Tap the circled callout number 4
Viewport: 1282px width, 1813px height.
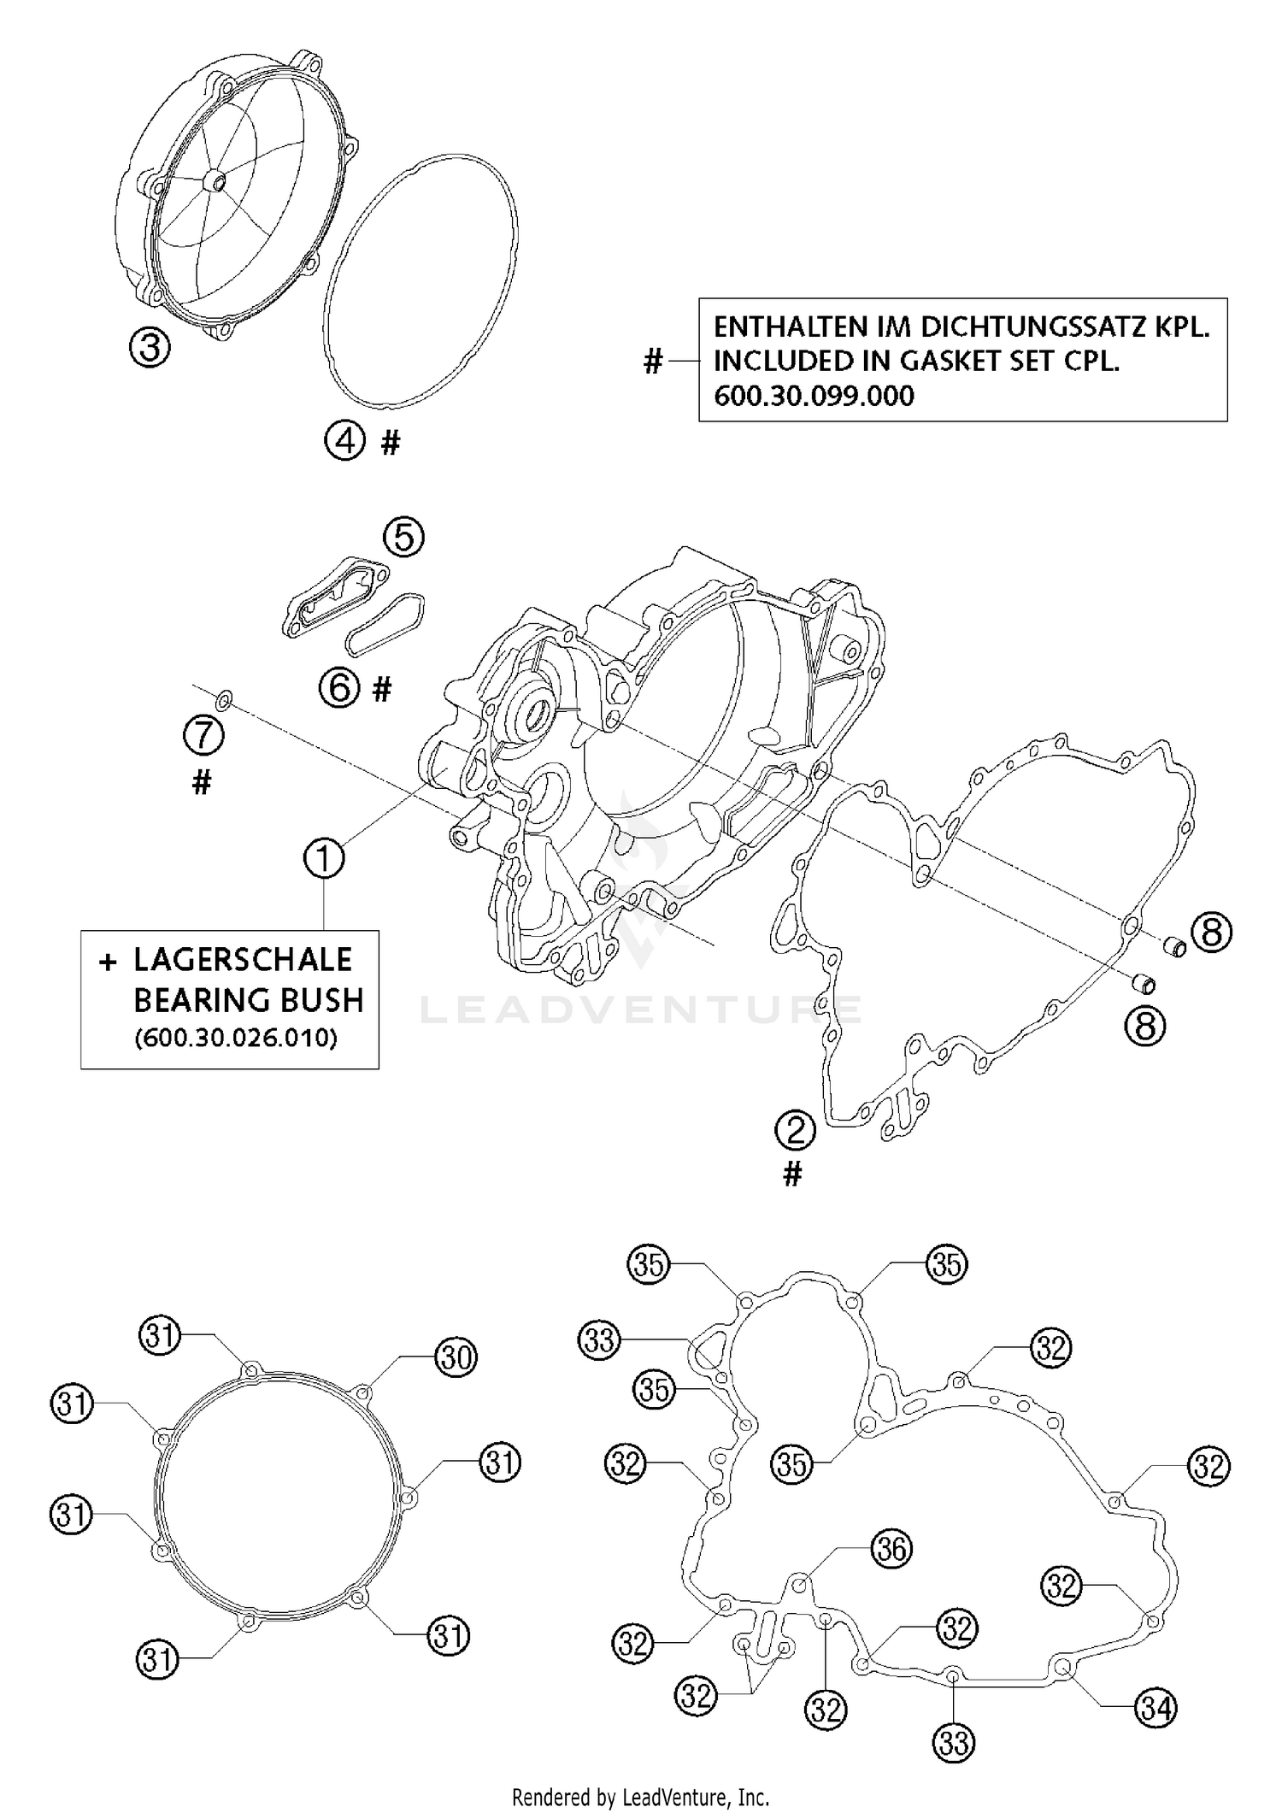click(344, 442)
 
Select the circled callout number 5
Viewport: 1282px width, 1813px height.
click(403, 537)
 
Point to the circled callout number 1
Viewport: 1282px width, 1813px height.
click(325, 858)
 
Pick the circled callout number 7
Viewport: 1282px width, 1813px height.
click(203, 735)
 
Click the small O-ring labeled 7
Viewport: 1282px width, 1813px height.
click(224, 702)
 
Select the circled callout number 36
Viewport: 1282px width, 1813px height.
click(891, 1549)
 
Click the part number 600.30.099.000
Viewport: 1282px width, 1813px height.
click(814, 397)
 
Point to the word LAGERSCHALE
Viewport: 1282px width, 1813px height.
click(243, 960)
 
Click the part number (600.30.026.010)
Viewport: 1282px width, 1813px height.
click(236, 1038)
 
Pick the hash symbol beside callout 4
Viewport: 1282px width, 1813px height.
click(390, 443)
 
